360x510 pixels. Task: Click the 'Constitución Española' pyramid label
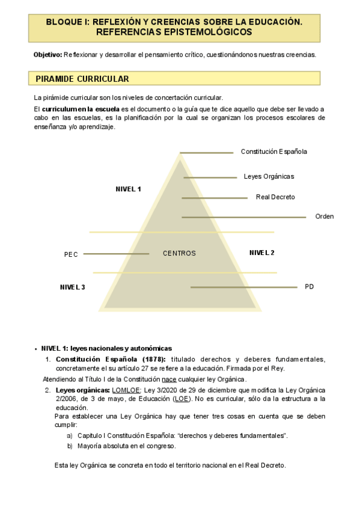[x=273, y=152]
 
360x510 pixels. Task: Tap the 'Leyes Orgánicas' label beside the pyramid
[x=269, y=177]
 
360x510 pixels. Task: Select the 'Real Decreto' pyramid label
[x=275, y=197]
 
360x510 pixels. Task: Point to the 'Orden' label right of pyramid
[x=325, y=217]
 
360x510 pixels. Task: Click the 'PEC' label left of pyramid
[x=71, y=254]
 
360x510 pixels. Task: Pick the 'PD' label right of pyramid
[x=310, y=287]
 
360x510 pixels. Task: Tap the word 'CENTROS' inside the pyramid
[x=179, y=254]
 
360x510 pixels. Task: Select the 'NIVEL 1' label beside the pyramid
[x=128, y=189]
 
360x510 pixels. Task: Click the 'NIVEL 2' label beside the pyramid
[x=262, y=253]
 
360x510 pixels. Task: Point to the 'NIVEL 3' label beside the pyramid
[x=72, y=287]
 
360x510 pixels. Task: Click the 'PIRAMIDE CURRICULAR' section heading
[x=82, y=79]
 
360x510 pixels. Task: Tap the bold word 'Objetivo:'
[x=47, y=55]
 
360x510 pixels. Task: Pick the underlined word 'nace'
[x=168, y=379]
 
